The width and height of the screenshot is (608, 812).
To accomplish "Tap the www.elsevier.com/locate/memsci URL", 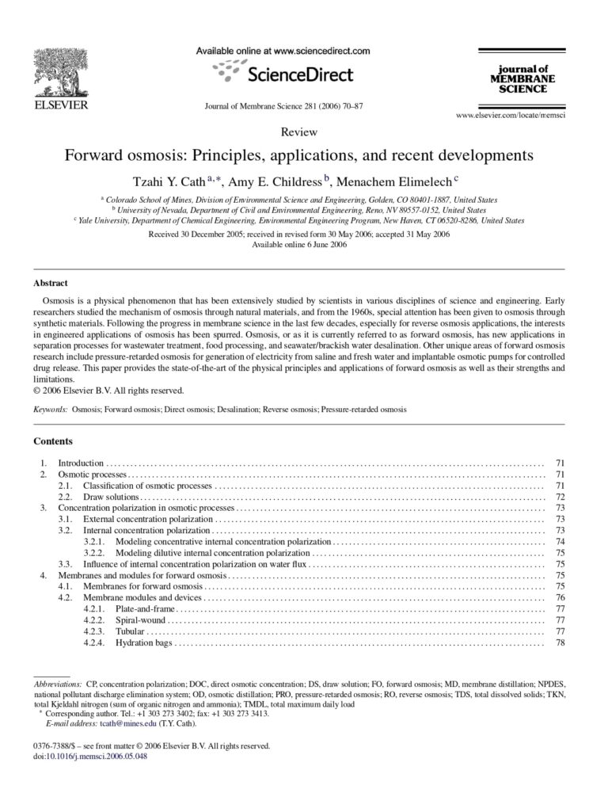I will click(514, 116).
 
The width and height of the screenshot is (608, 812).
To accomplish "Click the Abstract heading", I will click(51, 283).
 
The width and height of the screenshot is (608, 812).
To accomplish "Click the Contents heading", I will click(53, 440).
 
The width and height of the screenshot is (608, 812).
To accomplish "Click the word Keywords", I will click(51, 410).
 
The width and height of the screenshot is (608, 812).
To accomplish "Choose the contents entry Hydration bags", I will click(144, 642).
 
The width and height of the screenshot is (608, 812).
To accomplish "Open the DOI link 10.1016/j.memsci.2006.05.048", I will click(100, 756).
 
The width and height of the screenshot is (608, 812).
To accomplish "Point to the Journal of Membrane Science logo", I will click(522, 79).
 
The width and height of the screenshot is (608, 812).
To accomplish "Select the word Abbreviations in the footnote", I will click(58, 682).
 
